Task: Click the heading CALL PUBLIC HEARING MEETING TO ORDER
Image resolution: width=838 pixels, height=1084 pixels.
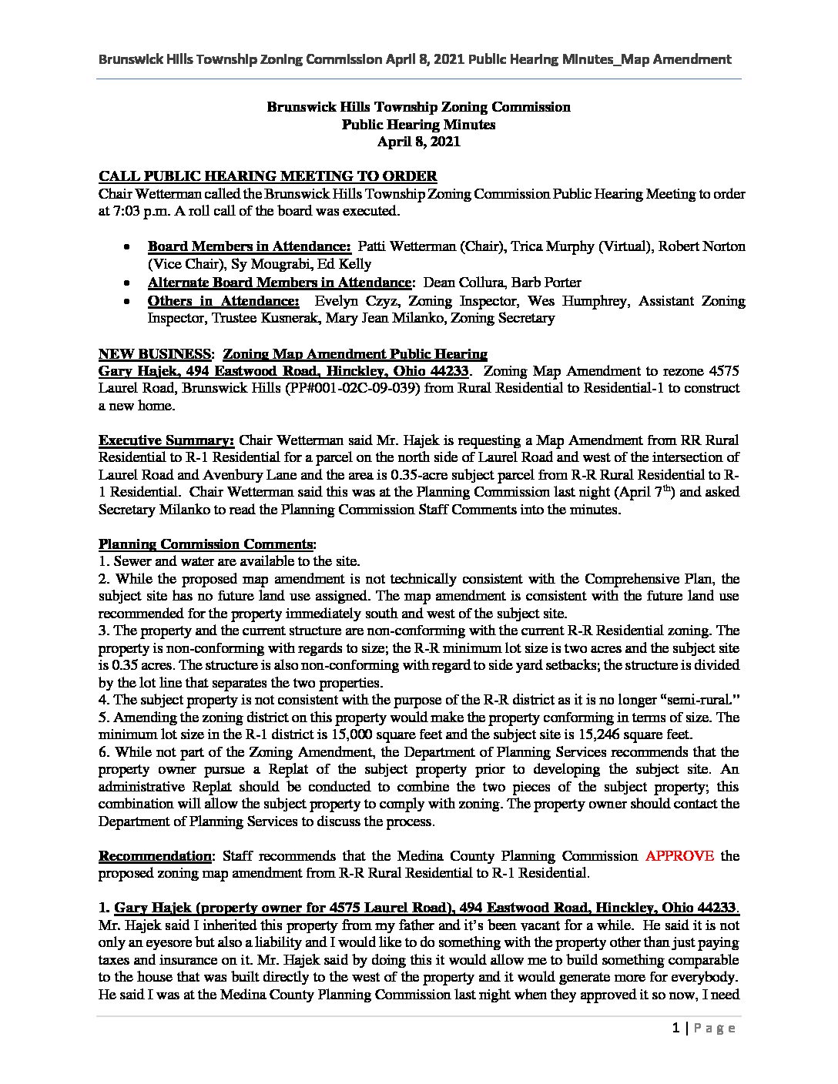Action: tap(268, 176)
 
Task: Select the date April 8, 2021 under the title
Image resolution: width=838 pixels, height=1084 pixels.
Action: tap(418, 141)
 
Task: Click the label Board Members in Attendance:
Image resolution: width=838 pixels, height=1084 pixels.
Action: tap(250, 246)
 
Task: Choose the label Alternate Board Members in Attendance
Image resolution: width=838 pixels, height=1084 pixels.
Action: tap(280, 283)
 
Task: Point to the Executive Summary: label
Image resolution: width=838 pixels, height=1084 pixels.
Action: tap(166, 440)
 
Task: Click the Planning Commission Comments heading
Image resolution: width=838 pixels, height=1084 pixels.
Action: tap(206, 544)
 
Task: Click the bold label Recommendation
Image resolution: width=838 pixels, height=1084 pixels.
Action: tap(154, 855)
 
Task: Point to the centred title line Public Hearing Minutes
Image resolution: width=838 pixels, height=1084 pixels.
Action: tap(418, 124)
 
